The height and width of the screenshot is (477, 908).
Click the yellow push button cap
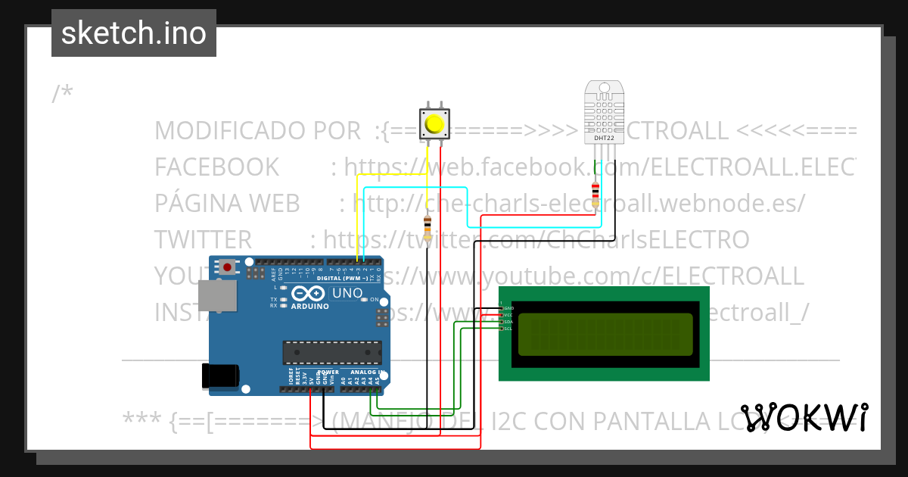(x=434, y=123)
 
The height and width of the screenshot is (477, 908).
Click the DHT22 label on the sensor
(x=604, y=139)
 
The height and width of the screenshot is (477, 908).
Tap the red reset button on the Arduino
(x=227, y=266)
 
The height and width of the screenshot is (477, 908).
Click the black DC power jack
(x=221, y=376)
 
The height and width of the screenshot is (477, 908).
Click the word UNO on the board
(x=347, y=293)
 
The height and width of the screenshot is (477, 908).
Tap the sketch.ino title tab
(x=134, y=33)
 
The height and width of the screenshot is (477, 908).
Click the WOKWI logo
(x=804, y=418)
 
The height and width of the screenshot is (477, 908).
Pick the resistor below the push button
(x=428, y=227)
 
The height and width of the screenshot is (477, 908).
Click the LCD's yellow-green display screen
(x=605, y=334)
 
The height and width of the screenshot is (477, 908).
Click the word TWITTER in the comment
(x=203, y=240)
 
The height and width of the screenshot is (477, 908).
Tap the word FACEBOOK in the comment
(x=216, y=167)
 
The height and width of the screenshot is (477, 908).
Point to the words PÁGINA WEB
(x=227, y=204)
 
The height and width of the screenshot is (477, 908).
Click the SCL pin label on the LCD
(x=508, y=329)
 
